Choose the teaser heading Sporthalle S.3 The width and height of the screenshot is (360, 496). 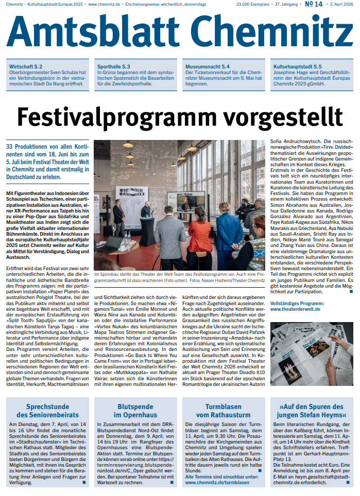(x=113, y=66)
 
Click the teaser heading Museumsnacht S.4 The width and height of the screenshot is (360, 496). (x=208, y=66)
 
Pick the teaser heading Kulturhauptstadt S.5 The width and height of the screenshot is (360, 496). (x=298, y=66)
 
